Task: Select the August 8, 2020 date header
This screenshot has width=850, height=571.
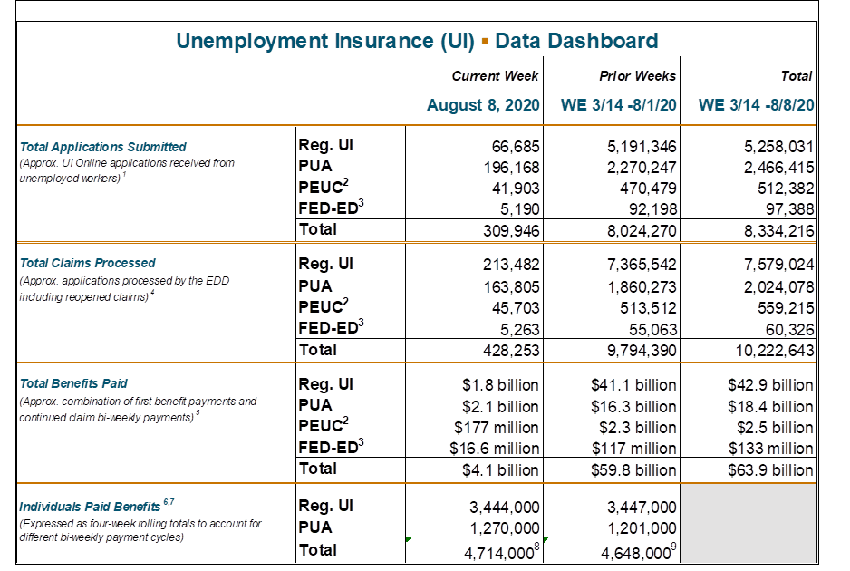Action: click(x=483, y=105)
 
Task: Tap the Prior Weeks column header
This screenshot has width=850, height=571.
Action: click(x=637, y=76)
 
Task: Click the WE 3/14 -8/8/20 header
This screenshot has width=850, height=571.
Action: click(x=756, y=105)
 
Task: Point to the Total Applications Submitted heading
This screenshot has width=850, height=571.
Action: click(x=102, y=147)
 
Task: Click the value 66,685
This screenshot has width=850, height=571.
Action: click(x=514, y=147)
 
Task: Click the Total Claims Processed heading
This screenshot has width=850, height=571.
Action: click(x=87, y=263)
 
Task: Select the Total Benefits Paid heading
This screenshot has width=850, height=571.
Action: click(x=73, y=383)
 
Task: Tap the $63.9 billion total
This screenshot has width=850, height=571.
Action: click(x=770, y=469)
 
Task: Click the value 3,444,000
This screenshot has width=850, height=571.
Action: click(x=505, y=507)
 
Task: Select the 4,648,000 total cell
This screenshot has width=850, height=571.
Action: click(x=633, y=550)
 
